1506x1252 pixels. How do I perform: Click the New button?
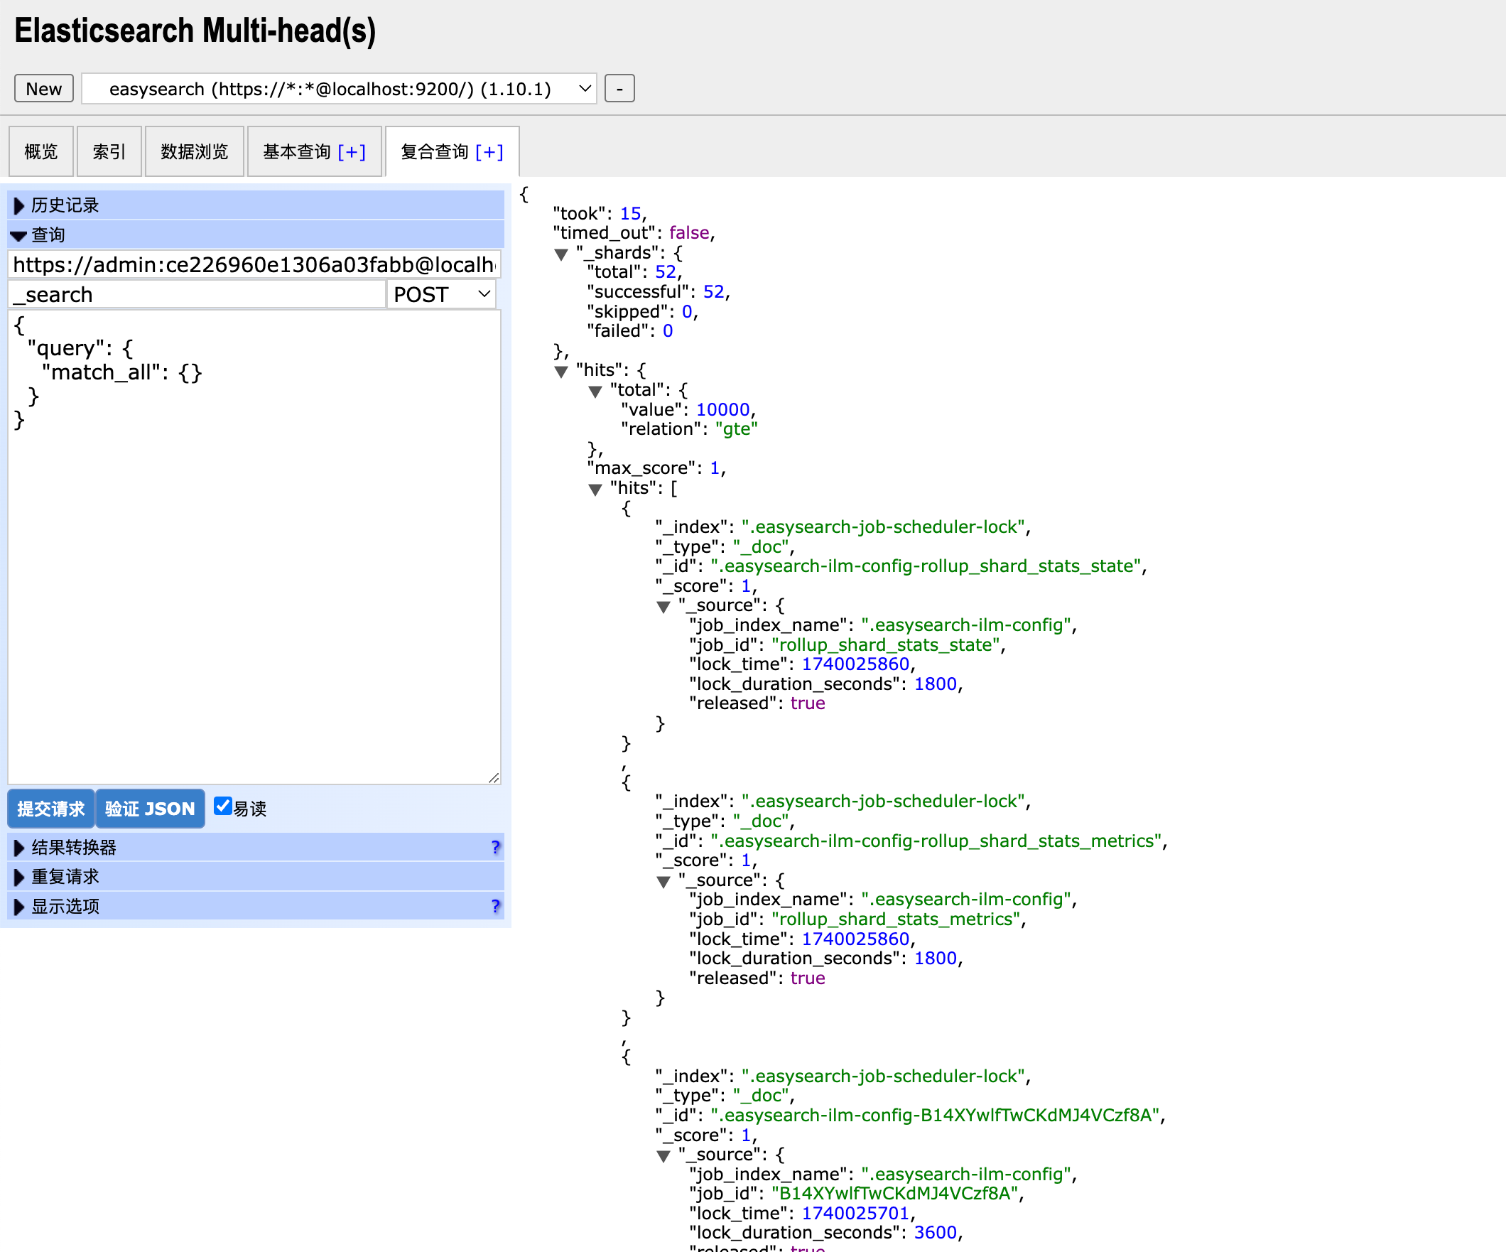point(44,89)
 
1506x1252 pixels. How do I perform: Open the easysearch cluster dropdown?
point(340,89)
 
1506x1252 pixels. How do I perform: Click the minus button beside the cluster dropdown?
point(619,89)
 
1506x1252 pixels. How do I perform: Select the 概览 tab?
point(41,151)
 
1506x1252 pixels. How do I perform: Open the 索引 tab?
point(109,151)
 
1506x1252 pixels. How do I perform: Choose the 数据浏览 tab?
point(195,151)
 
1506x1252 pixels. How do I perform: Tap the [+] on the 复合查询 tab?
point(489,151)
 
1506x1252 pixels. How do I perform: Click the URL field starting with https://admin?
point(254,265)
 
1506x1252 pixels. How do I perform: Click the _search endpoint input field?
point(197,295)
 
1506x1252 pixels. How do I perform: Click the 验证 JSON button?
point(150,809)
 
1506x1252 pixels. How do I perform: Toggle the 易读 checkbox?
point(223,806)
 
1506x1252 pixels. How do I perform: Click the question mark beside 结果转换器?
point(496,848)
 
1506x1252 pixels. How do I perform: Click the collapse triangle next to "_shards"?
point(561,254)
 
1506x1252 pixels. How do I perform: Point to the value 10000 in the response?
point(723,410)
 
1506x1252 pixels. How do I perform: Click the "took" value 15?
point(630,214)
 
